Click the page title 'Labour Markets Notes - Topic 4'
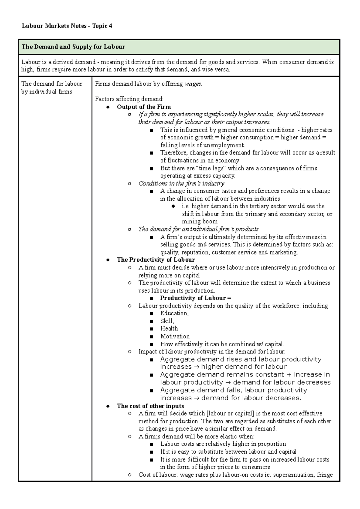point(67,26)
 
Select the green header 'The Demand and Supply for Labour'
point(73,47)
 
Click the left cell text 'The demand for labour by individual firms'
point(52,88)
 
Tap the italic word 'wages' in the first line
point(193,84)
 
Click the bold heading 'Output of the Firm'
point(144,107)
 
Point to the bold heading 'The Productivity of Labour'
point(156,260)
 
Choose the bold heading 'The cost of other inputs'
point(150,406)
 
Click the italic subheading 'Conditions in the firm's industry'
point(181,183)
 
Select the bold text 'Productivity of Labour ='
point(196,298)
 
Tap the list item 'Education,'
point(174,313)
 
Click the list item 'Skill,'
point(167,321)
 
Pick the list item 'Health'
point(169,329)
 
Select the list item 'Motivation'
point(175,336)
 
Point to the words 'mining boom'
point(199,222)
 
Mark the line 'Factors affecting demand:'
point(129,99)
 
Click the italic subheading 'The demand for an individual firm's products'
point(198,229)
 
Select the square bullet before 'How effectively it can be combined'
point(151,344)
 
